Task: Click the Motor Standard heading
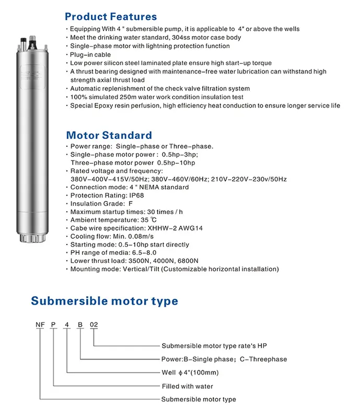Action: pyautogui.click(x=109, y=135)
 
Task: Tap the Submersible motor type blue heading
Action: pyautogui.click(x=104, y=301)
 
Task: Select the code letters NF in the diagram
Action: pyautogui.click(x=40, y=324)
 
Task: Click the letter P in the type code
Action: pyautogui.click(x=54, y=324)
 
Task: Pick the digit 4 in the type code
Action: pyautogui.click(x=67, y=324)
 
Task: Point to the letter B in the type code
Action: pyautogui.click(x=80, y=324)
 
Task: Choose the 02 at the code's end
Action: pyautogui.click(x=94, y=324)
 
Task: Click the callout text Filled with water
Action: pyautogui.click(x=187, y=386)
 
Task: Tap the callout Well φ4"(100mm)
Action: pyautogui.click(x=190, y=373)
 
